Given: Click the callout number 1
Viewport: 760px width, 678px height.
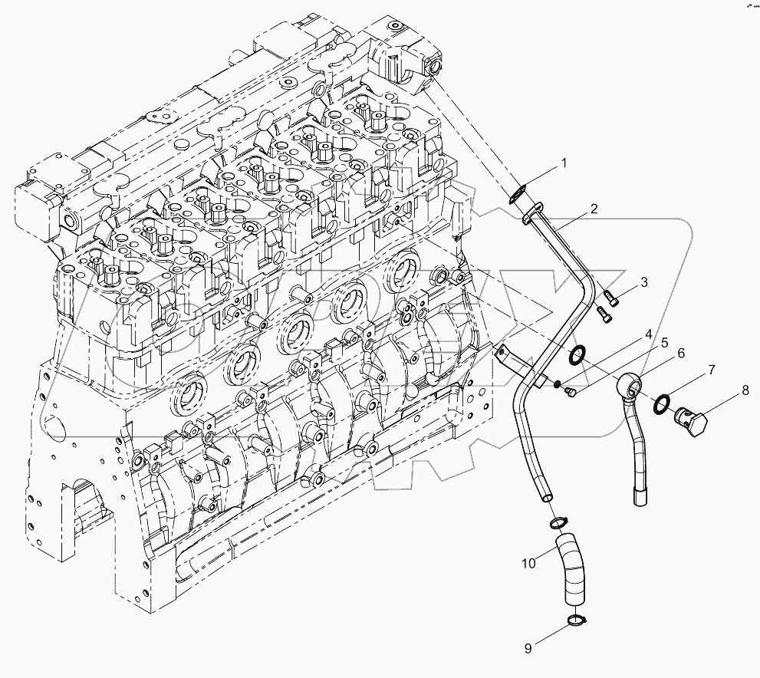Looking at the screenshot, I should click(563, 163).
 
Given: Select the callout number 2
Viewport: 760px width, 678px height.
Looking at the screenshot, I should click(594, 209).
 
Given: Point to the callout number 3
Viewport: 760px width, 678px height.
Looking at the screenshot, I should click(644, 281).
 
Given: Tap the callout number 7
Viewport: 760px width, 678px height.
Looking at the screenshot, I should click(711, 370).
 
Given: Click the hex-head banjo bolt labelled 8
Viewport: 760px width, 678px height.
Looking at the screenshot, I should click(688, 420).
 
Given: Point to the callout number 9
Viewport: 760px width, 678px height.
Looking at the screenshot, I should click(528, 649).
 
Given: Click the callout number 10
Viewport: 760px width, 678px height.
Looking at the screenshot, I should click(528, 564).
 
